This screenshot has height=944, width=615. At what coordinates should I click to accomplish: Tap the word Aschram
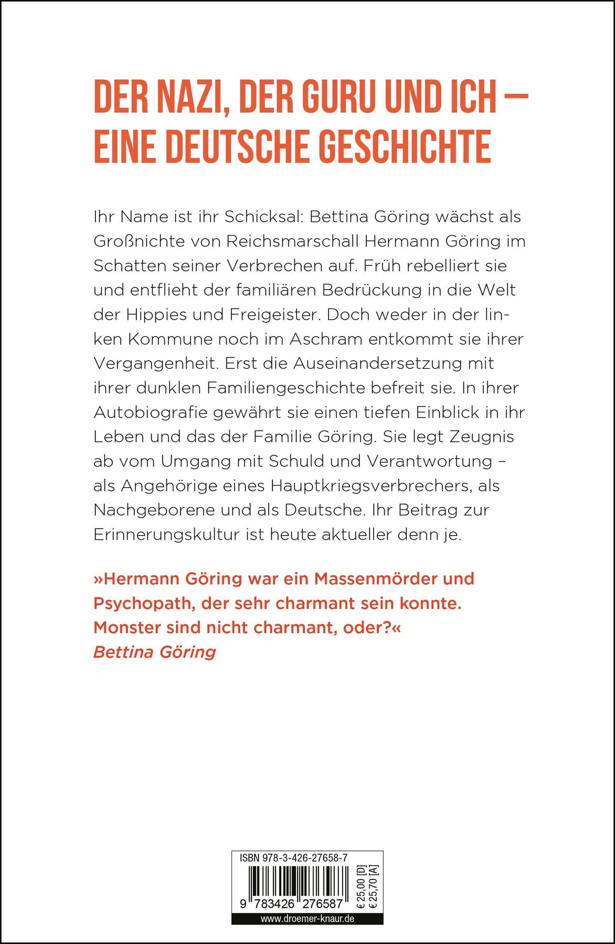(x=326, y=339)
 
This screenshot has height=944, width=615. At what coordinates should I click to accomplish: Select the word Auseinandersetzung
(x=393, y=363)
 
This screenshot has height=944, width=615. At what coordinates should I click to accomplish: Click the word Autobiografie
(x=149, y=412)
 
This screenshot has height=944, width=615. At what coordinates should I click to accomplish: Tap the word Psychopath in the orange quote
(x=137, y=603)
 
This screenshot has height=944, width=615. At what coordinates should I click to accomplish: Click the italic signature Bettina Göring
(x=155, y=652)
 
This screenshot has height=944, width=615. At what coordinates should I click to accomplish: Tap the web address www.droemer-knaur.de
(x=307, y=918)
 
